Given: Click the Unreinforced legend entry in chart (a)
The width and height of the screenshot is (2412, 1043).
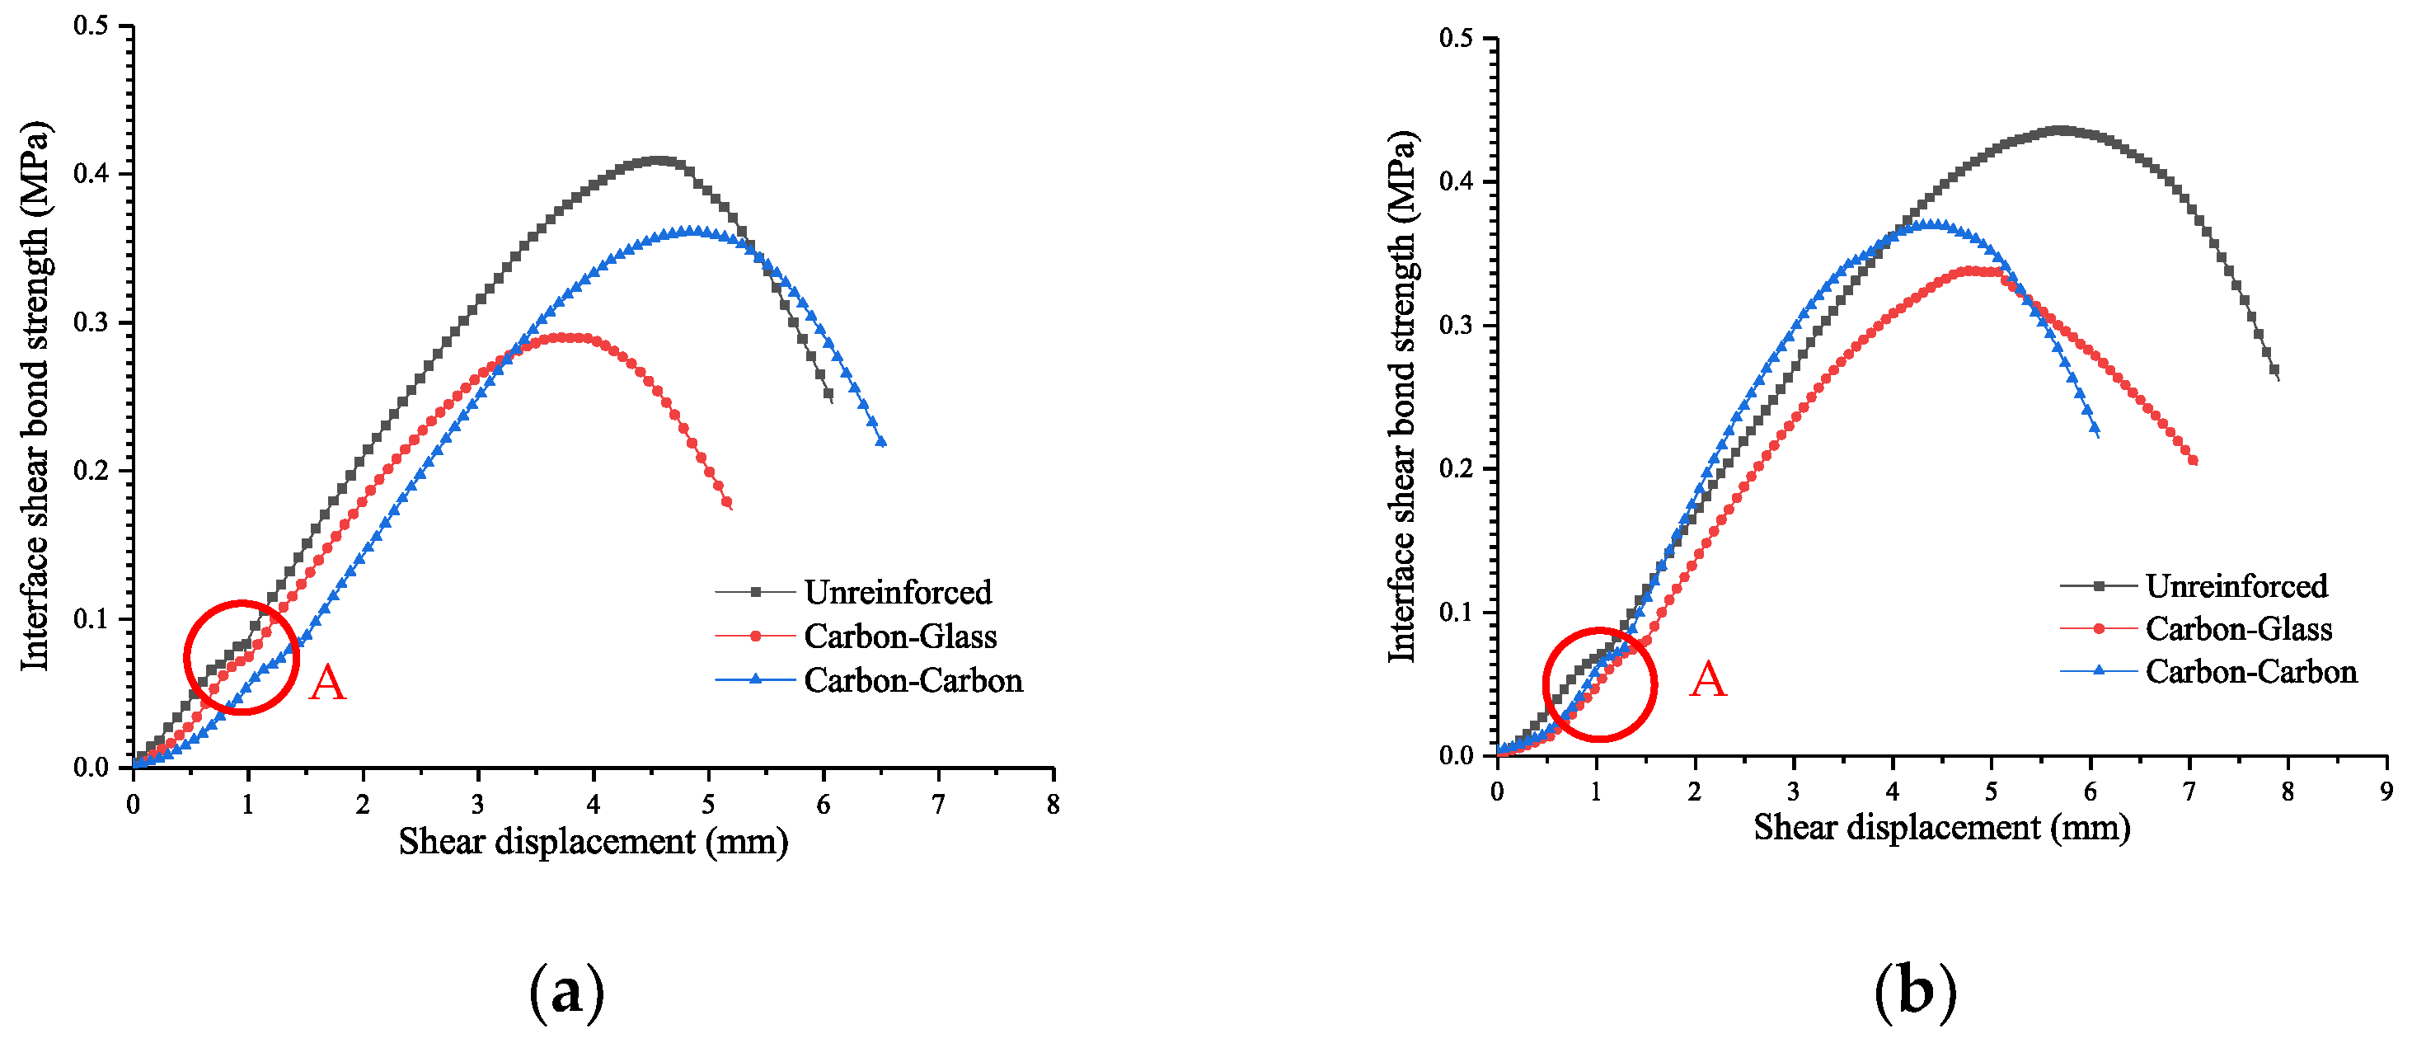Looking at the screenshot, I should click(x=897, y=592).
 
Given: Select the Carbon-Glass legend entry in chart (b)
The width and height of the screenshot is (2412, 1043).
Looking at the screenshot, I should click(x=2238, y=628).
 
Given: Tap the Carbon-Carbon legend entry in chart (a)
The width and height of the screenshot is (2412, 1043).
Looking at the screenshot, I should click(x=912, y=679).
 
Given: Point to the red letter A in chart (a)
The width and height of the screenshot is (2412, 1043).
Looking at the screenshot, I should click(x=326, y=683).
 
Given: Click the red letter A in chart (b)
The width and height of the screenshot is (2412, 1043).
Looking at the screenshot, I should click(x=1707, y=679).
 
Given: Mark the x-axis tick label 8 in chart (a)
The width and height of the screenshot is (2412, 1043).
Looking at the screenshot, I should click(x=1053, y=804).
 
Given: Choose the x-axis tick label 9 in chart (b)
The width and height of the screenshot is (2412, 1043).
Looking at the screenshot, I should click(x=2386, y=792).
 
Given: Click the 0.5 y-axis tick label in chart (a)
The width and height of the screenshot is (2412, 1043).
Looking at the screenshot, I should click(x=91, y=26).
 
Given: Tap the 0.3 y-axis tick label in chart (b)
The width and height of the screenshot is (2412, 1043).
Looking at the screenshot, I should click(x=1456, y=325).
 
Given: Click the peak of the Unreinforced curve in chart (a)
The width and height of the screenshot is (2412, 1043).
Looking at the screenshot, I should click(x=659, y=160).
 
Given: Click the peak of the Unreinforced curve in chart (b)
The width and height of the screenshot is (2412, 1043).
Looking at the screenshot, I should click(x=2058, y=130).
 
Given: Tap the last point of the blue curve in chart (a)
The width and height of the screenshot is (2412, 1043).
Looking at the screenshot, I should click(x=880, y=442).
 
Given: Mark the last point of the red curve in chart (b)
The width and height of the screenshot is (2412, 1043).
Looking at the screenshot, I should click(x=2193, y=460).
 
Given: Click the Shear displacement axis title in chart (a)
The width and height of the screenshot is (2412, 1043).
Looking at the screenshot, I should click(x=593, y=842).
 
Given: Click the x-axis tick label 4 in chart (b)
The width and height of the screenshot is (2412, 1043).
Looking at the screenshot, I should click(x=1893, y=792).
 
